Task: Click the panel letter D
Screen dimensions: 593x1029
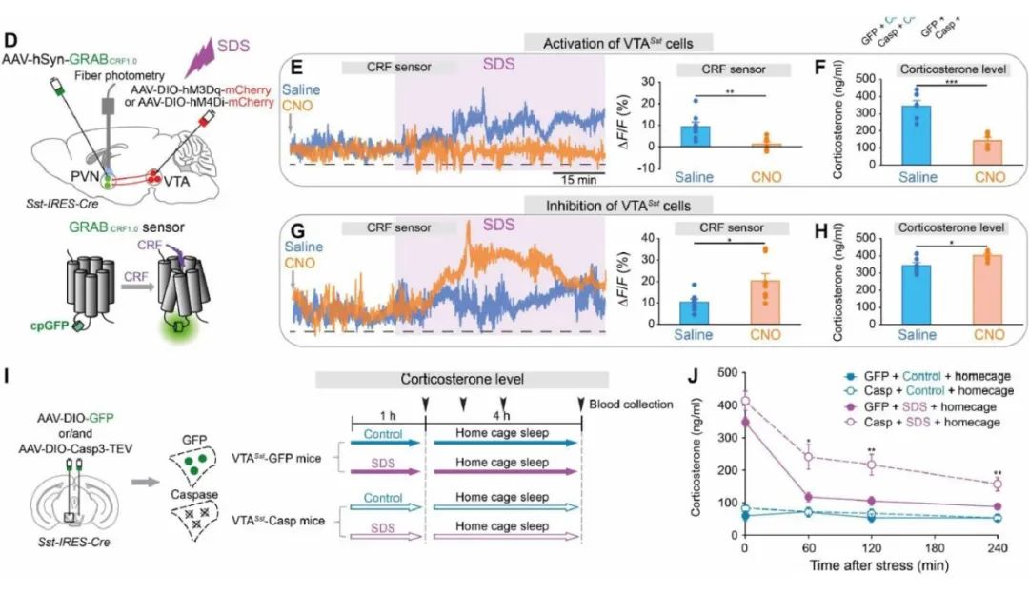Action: (x=11, y=43)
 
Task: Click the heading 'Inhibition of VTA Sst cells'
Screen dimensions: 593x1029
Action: (x=616, y=204)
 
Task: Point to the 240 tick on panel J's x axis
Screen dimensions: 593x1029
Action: (x=998, y=549)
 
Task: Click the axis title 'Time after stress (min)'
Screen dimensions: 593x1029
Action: (x=871, y=567)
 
